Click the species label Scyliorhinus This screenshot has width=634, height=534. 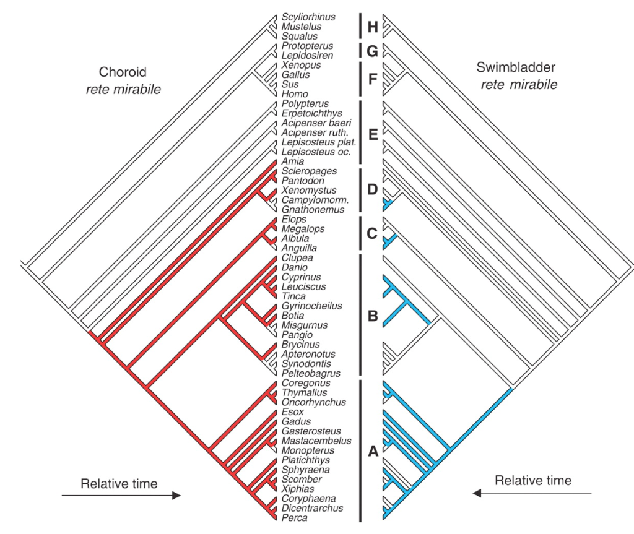pyautogui.click(x=308, y=17)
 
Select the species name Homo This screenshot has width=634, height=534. pyautogui.click(x=293, y=94)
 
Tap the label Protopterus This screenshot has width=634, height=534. pyautogui.click(x=307, y=46)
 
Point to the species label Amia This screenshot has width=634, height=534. pyautogui.click(x=292, y=161)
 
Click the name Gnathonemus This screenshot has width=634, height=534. pyautogui.click(x=313, y=210)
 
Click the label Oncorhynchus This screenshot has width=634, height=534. pyautogui.click(x=313, y=402)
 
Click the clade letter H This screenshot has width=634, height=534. pyautogui.click(x=372, y=27)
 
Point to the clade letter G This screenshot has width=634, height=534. pyautogui.click(x=372, y=51)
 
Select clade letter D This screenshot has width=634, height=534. pyautogui.click(x=372, y=189)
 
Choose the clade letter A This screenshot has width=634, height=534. pyautogui.click(x=372, y=452)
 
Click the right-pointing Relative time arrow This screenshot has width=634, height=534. pyautogui.click(x=121, y=495)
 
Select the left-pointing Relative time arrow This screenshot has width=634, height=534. pyautogui.click(x=532, y=493)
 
